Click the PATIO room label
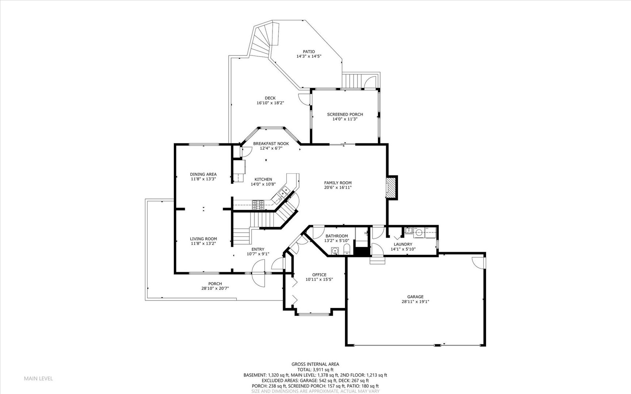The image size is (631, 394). [309, 52]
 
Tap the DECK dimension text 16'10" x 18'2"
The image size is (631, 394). [270, 103]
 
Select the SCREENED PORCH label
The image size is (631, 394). [345, 115]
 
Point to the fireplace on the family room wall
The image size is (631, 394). [391, 187]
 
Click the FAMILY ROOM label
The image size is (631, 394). [338, 183]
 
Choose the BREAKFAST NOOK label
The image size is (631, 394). [271, 144]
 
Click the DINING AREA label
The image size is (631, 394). [203, 174]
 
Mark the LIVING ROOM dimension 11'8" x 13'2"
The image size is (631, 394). [203, 243]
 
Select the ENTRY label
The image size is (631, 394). [257, 250]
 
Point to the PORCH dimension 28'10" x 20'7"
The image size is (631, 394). [215, 288]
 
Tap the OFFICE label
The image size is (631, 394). [319, 275]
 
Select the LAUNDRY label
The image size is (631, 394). [403, 244]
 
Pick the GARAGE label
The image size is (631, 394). [415, 297]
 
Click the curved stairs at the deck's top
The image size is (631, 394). [263, 40]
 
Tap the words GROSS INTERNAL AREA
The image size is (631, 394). [315, 364]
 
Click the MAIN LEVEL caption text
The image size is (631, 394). [38, 378]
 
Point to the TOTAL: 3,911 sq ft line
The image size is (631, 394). [315, 370]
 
